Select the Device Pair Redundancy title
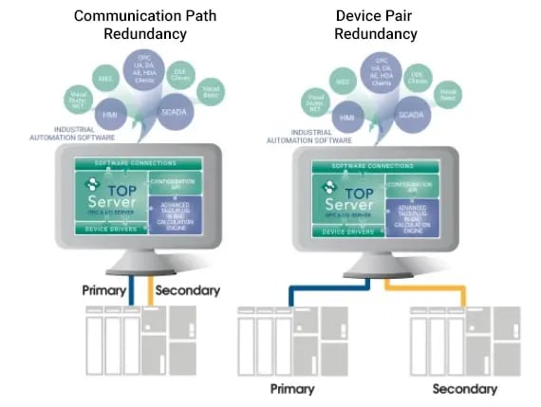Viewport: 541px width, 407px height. [375, 25]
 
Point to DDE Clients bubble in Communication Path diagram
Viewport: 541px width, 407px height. [177, 74]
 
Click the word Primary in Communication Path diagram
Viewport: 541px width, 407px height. [105, 290]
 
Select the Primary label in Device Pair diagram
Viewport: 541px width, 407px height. [292, 389]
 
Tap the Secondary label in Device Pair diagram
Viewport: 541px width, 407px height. [464, 389]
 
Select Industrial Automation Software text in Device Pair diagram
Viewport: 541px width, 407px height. [297, 136]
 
